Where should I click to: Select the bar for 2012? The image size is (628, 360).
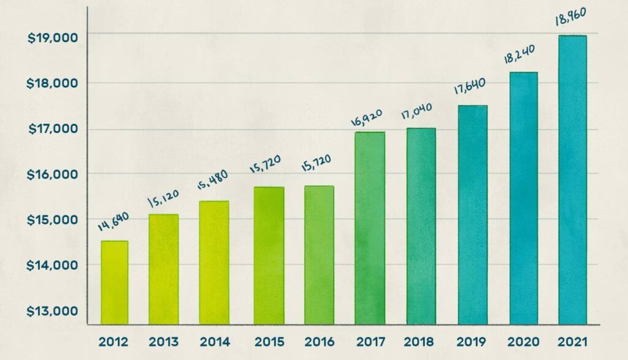[115, 282]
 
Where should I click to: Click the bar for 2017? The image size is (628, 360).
[370, 228]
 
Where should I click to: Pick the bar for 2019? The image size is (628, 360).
[472, 215]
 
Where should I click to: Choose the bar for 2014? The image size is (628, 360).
[214, 262]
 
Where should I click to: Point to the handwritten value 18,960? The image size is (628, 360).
[570, 19]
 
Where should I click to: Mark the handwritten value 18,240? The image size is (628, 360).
[519, 56]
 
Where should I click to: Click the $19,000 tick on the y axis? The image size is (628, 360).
[53, 37]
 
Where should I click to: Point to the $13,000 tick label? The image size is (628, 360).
[53, 311]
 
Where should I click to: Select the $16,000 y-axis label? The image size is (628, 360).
[53, 174]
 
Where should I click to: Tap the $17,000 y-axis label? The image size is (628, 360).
[53, 129]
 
